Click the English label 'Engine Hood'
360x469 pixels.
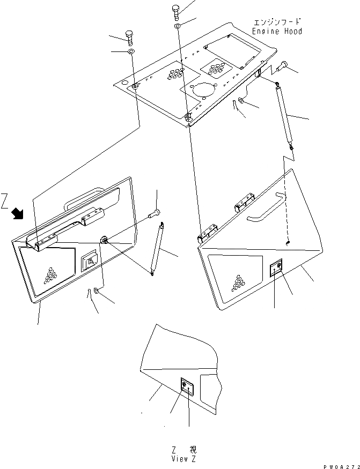click(x=277, y=31)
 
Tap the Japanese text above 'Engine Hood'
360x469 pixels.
click(x=277, y=22)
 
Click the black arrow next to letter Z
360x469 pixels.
click(x=17, y=214)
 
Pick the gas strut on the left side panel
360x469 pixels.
click(x=158, y=249)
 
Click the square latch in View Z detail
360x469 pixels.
click(x=185, y=386)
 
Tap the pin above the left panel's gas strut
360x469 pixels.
click(x=155, y=213)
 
